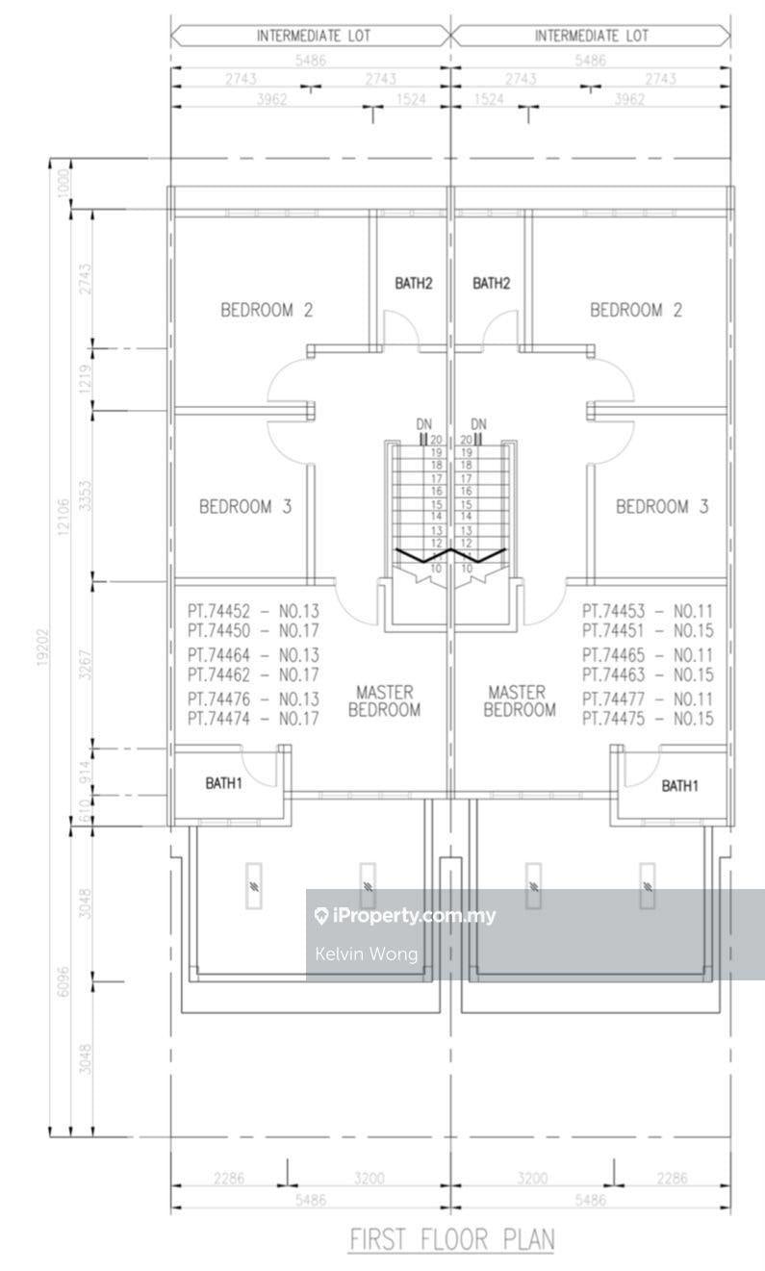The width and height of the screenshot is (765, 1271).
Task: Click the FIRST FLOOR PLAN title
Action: point(451,1239)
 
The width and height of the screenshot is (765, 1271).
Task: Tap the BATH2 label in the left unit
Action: point(414,283)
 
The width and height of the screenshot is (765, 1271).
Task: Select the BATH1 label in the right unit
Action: point(680,786)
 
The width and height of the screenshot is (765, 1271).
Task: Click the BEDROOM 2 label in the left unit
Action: point(267,310)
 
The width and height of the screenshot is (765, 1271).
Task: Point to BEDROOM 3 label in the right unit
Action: point(662,506)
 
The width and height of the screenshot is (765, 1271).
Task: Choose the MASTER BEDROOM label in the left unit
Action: point(384,700)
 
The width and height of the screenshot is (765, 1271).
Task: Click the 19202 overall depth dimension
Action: point(44,647)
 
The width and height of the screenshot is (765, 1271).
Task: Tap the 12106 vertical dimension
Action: point(63,517)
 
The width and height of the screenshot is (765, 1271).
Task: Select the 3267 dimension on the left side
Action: point(85,665)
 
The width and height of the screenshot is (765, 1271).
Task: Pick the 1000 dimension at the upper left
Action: point(64,183)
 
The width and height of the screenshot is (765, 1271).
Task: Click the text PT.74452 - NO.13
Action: point(254,611)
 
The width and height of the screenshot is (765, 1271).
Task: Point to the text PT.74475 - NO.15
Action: point(648,719)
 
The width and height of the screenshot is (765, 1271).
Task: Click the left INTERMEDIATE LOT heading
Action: point(314,37)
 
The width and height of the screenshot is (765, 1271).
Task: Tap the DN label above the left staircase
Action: point(424,424)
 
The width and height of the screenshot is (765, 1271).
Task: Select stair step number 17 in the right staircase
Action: point(466,478)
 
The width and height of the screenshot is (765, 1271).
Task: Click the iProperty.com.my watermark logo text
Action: point(405,915)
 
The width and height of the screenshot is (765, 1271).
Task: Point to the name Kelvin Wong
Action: point(366,953)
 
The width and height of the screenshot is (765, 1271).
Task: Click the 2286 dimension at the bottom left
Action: point(229,1179)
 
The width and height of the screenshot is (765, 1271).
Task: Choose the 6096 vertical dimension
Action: point(63,981)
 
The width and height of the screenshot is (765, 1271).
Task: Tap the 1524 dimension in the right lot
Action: point(489,99)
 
